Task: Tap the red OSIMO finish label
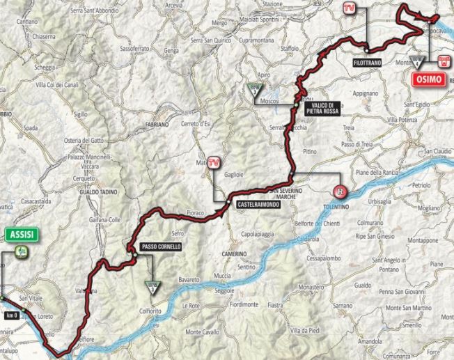tap(431, 81)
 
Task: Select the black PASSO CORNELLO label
tap(161, 246)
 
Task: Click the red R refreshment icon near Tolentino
tap(340, 190)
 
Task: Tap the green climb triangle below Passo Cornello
tap(151, 285)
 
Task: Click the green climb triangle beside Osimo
tap(417, 61)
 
